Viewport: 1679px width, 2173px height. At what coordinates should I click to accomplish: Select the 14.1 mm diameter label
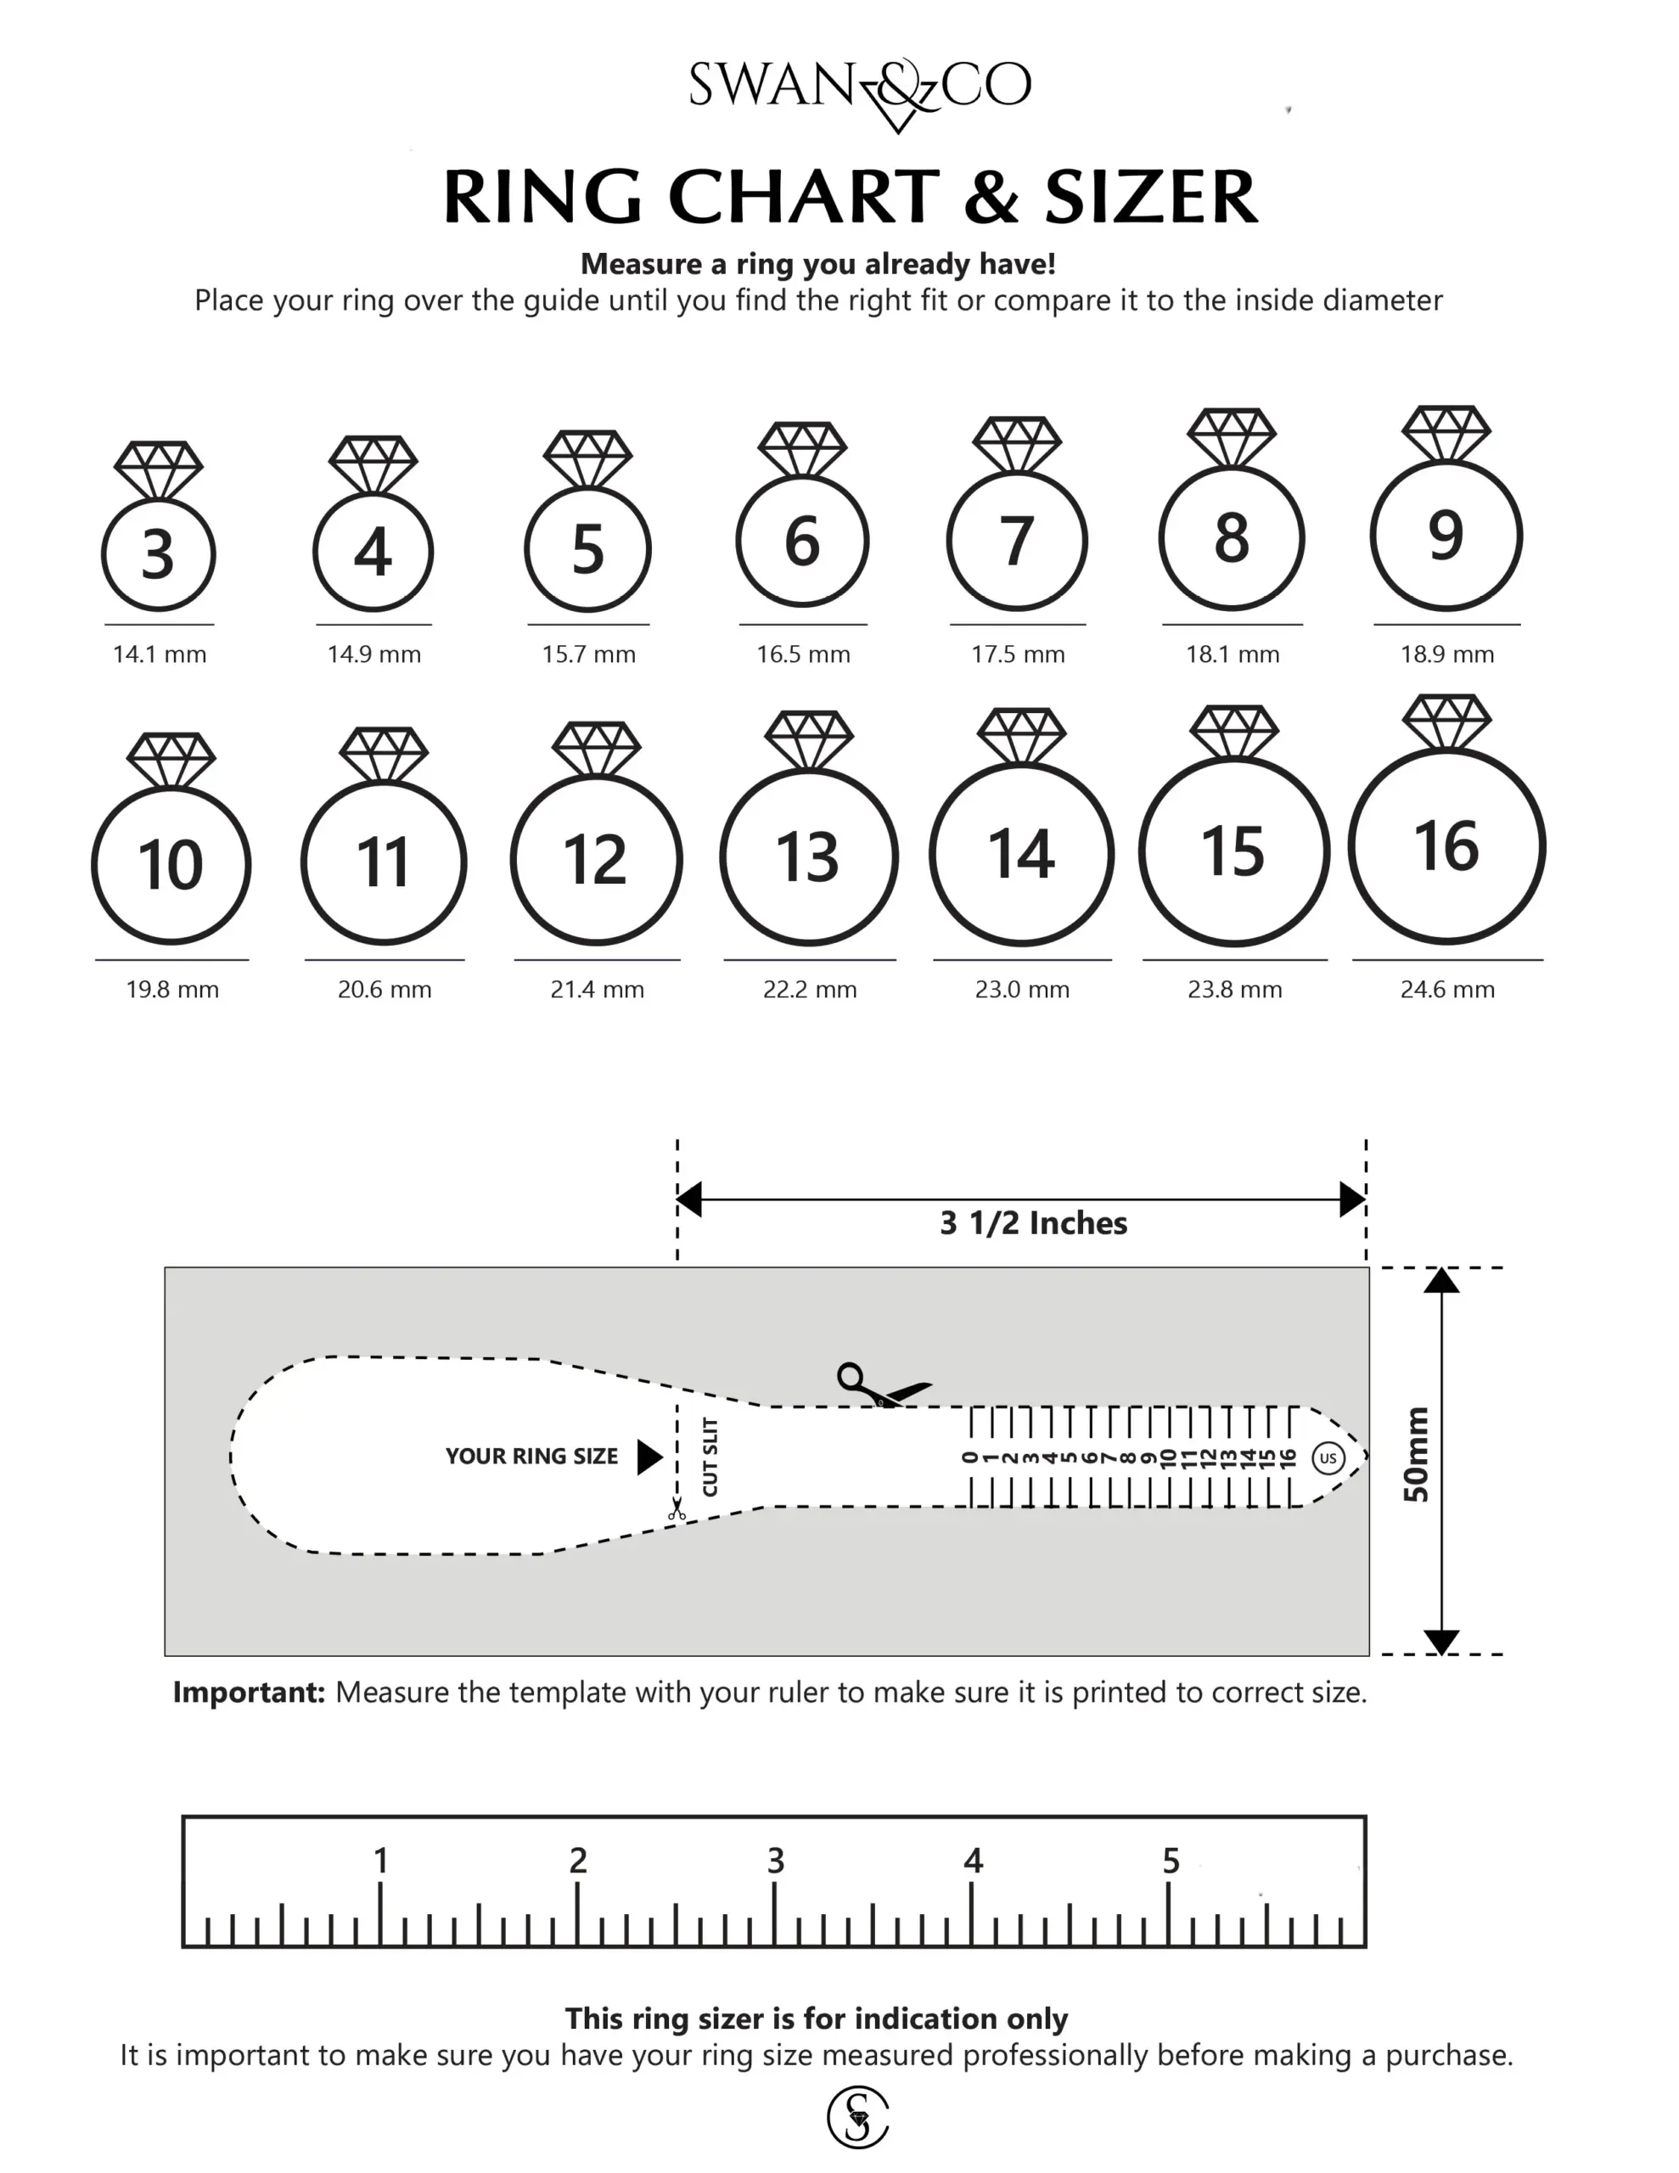[x=160, y=654]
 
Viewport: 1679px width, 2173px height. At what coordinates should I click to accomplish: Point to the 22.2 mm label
[x=809, y=990]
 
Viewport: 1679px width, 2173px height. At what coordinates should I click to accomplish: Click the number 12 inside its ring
[x=595, y=861]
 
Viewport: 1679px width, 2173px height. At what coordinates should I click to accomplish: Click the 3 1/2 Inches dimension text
[x=1033, y=1223]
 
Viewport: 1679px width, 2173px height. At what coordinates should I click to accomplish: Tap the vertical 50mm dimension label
[x=1414, y=1455]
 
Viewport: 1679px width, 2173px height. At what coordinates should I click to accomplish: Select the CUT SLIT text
[x=710, y=1457]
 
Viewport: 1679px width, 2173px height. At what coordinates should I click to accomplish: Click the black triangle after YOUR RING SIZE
[x=649, y=1457]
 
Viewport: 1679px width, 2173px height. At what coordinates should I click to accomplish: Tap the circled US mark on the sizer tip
[x=1328, y=1458]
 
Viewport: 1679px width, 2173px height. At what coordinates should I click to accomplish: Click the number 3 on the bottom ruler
[x=775, y=1861]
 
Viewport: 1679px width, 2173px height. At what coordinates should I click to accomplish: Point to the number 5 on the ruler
[x=1171, y=1861]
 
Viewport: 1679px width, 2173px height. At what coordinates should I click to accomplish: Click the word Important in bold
[x=249, y=1693]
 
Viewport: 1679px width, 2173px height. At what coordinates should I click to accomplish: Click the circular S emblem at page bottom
[x=857, y=2116]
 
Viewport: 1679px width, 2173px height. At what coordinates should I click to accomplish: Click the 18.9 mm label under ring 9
[x=1446, y=654]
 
